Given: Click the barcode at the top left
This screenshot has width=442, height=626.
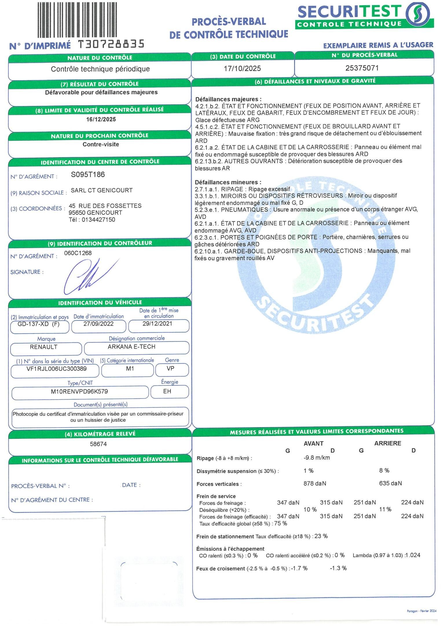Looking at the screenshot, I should point(78,19).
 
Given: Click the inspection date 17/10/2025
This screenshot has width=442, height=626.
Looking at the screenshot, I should point(242,68).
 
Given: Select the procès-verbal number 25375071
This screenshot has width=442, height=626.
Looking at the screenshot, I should point(362,68).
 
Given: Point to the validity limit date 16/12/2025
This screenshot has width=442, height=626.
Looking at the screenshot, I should point(101,119).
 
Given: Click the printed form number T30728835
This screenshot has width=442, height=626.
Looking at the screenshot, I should point(111,44).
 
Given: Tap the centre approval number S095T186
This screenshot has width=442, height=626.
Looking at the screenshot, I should point(88,174).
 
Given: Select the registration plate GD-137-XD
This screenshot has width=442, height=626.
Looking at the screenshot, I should point(33,324).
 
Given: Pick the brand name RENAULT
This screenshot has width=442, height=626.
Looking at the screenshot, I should point(43,347).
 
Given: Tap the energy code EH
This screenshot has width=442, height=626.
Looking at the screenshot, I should point(167,391).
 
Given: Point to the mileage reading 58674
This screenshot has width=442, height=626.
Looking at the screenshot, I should point(98,444).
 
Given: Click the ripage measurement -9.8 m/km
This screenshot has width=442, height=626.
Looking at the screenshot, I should point(317,458).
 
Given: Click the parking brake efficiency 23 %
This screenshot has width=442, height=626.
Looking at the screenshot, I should point(321,536).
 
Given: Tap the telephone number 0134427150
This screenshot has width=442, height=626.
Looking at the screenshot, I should point(98,220).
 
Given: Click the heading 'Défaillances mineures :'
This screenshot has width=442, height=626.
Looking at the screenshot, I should point(228,182).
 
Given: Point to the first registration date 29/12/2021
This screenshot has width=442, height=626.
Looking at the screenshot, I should point(157,324).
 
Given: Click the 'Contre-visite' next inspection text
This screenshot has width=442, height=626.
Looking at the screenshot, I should point(101,144).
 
